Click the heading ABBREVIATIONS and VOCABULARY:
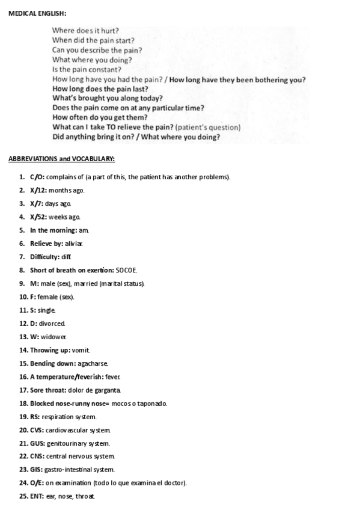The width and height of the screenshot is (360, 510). pos(61,159)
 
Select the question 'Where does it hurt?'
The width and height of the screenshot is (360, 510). pos(85,30)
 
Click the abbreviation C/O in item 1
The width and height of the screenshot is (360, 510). pos(36,177)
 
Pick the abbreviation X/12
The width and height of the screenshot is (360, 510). pos(38,190)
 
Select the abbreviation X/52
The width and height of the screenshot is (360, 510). pos(38,217)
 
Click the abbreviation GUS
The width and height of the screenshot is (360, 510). pos(37,443)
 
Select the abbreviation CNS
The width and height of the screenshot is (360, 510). pos(37,456)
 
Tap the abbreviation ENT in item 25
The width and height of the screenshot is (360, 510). pos(37,496)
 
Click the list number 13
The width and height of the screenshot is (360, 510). pos(23,337)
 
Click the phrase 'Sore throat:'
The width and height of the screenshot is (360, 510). pos(49,390)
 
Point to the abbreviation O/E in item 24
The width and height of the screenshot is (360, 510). pos(36,483)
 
